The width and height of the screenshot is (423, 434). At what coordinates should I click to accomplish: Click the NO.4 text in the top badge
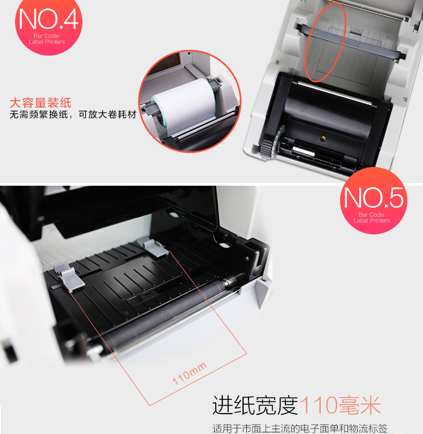click(49, 19)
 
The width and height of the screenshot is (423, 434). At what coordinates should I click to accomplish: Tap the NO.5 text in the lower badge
click(373, 197)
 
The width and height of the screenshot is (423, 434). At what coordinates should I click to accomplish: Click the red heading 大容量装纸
click(41, 103)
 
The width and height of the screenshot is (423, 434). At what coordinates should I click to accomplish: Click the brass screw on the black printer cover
click(323, 138)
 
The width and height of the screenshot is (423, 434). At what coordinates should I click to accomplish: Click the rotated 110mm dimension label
click(190, 374)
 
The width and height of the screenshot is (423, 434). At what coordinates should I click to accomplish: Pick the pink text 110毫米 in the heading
click(341, 405)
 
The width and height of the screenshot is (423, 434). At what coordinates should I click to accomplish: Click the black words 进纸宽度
click(255, 405)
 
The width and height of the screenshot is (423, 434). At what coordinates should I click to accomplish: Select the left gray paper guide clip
click(69, 277)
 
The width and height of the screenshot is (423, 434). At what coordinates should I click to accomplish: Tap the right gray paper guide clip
click(153, 247)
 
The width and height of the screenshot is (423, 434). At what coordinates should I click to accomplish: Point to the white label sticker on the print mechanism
click(304, 151)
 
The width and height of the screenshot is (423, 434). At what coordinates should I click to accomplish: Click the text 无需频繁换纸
click(39, 115)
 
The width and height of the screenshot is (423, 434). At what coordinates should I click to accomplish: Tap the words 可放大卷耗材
click(108, 115)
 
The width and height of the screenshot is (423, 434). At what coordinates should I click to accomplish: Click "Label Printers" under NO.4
click(47, 42)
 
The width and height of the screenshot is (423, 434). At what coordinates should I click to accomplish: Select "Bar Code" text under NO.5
click(371, 215)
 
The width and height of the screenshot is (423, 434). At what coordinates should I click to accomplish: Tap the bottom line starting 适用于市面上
click(300, 429)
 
